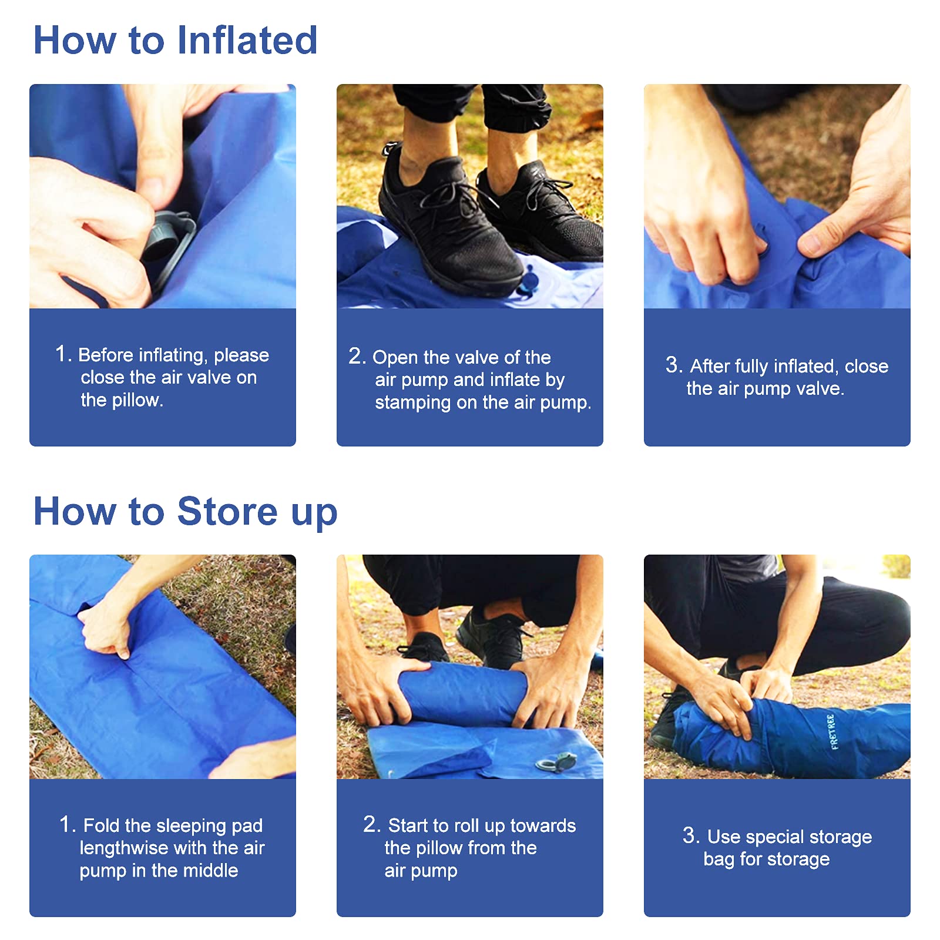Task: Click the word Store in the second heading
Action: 227,511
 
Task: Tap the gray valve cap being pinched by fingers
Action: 167,235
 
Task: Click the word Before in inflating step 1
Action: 106,355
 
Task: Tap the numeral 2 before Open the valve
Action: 355,356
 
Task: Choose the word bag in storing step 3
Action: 719,860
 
